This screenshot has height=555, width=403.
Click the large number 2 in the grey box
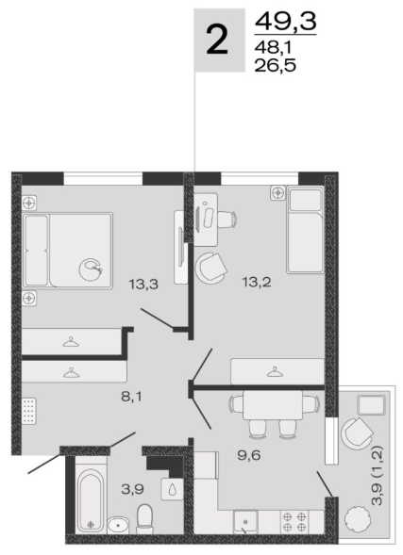click(216, 41)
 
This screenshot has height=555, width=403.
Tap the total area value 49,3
click(286, 21)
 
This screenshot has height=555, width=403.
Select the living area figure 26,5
click(275, 65)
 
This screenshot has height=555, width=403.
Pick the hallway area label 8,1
click(131, 397)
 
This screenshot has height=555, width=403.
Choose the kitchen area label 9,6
click(249, 455)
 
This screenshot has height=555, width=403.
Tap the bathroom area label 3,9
click(132, 489)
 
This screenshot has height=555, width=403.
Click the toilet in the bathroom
click(144, 519)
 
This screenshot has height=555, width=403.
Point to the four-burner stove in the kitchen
click(294, 522)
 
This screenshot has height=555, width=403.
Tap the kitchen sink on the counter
click(245, 522)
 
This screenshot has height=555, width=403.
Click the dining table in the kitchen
click(273, 404)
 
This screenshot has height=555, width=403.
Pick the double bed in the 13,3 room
click(67, 251)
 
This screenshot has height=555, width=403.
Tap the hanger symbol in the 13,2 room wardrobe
click(275, 373)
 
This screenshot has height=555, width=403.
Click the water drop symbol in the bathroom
click(172, 490)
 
